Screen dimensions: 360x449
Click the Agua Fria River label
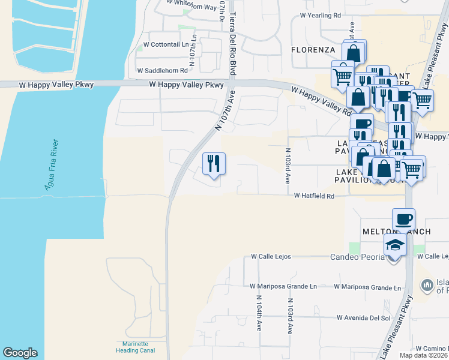click(52, 165)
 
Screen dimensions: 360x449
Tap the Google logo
click(20, 353)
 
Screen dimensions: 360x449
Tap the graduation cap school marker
click(396, 245)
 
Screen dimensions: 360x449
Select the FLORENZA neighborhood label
click(312, 49)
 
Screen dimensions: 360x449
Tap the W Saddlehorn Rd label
click(163, 70)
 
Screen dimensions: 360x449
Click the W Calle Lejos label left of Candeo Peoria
click(271, 256)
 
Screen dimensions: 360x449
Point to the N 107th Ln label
click(193, 46)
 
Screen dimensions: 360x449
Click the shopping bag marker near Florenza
click(354, 53)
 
